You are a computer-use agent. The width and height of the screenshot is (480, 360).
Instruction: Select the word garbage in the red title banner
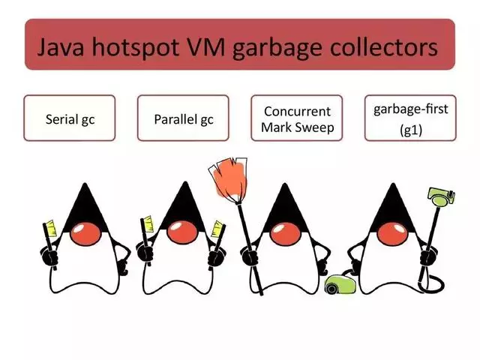point(282,48)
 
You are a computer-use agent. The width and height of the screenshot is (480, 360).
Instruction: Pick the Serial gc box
point(70,118)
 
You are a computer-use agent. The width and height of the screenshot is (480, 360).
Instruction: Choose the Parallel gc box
point(183,118)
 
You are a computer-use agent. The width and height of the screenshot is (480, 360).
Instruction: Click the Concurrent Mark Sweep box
point(296,118)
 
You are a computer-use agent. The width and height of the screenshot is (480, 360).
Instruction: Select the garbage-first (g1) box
point(409,118)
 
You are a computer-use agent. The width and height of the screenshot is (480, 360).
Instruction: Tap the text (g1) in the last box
point(409,129)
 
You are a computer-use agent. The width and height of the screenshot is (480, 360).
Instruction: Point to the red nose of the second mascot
point(183,229)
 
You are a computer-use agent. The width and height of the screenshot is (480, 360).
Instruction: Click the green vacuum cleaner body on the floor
point(342,284)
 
